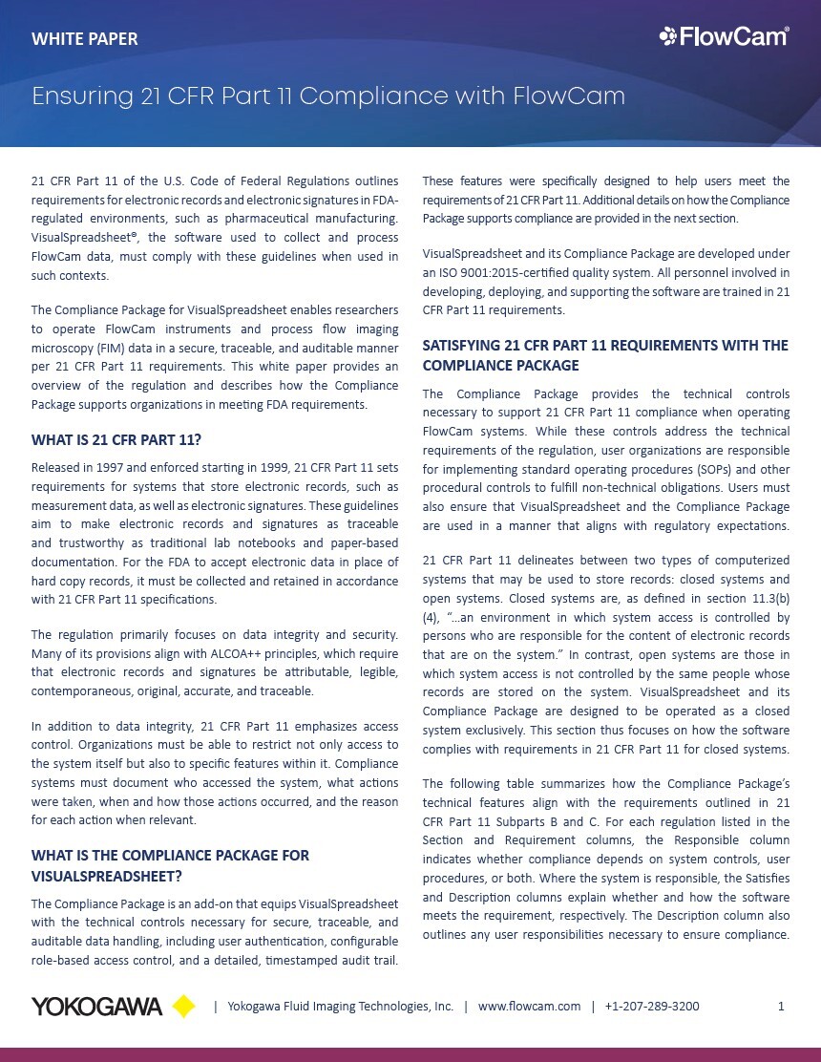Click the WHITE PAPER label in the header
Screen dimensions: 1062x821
click(85, 39)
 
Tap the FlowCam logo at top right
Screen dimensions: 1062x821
click(724, 37)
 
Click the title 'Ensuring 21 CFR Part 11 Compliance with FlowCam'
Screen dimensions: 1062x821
click(328, 96)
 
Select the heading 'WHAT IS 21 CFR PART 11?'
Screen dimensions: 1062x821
click(116, 439)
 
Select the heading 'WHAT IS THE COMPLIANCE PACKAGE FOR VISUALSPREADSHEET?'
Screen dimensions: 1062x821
click(170, 864)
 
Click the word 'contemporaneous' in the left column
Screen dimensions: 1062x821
click(82, 690)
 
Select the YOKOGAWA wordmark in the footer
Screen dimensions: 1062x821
click(97, 1007)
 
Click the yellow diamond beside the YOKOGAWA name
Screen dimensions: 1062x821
click(183, 1007)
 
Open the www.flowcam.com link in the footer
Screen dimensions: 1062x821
click(529, 1007)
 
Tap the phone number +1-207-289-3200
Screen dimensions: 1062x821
click(652, 1007)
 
